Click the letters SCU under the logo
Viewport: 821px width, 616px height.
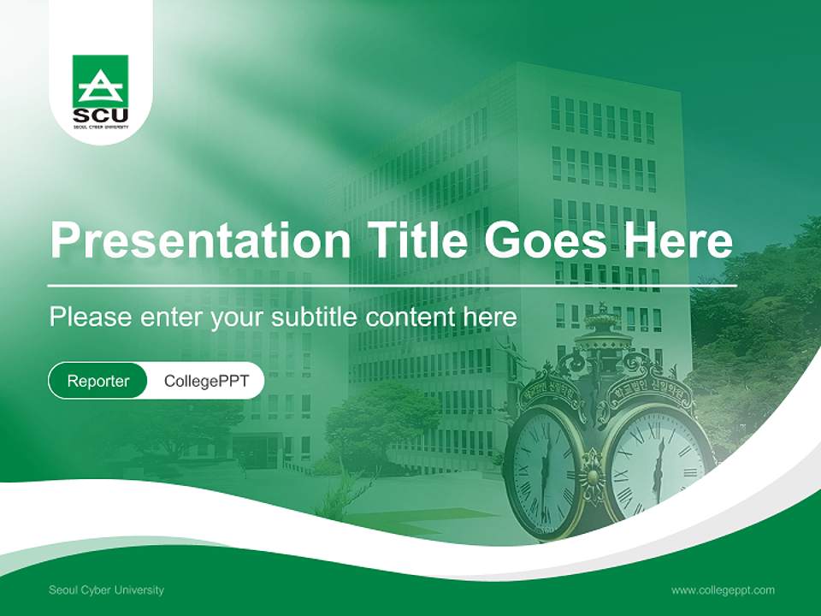click(x=100, y=115)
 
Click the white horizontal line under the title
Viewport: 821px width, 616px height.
click(x=393, y=286)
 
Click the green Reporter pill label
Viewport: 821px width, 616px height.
click(x=98, y=381)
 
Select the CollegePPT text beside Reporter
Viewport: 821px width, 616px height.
click(x=206, y=381)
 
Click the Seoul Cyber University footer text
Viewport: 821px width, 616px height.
click(x=106, y=590)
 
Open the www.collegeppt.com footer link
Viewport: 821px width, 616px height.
click(x=723, y=590)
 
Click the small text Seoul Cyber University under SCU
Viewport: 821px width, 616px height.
click(x=100, y=127)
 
